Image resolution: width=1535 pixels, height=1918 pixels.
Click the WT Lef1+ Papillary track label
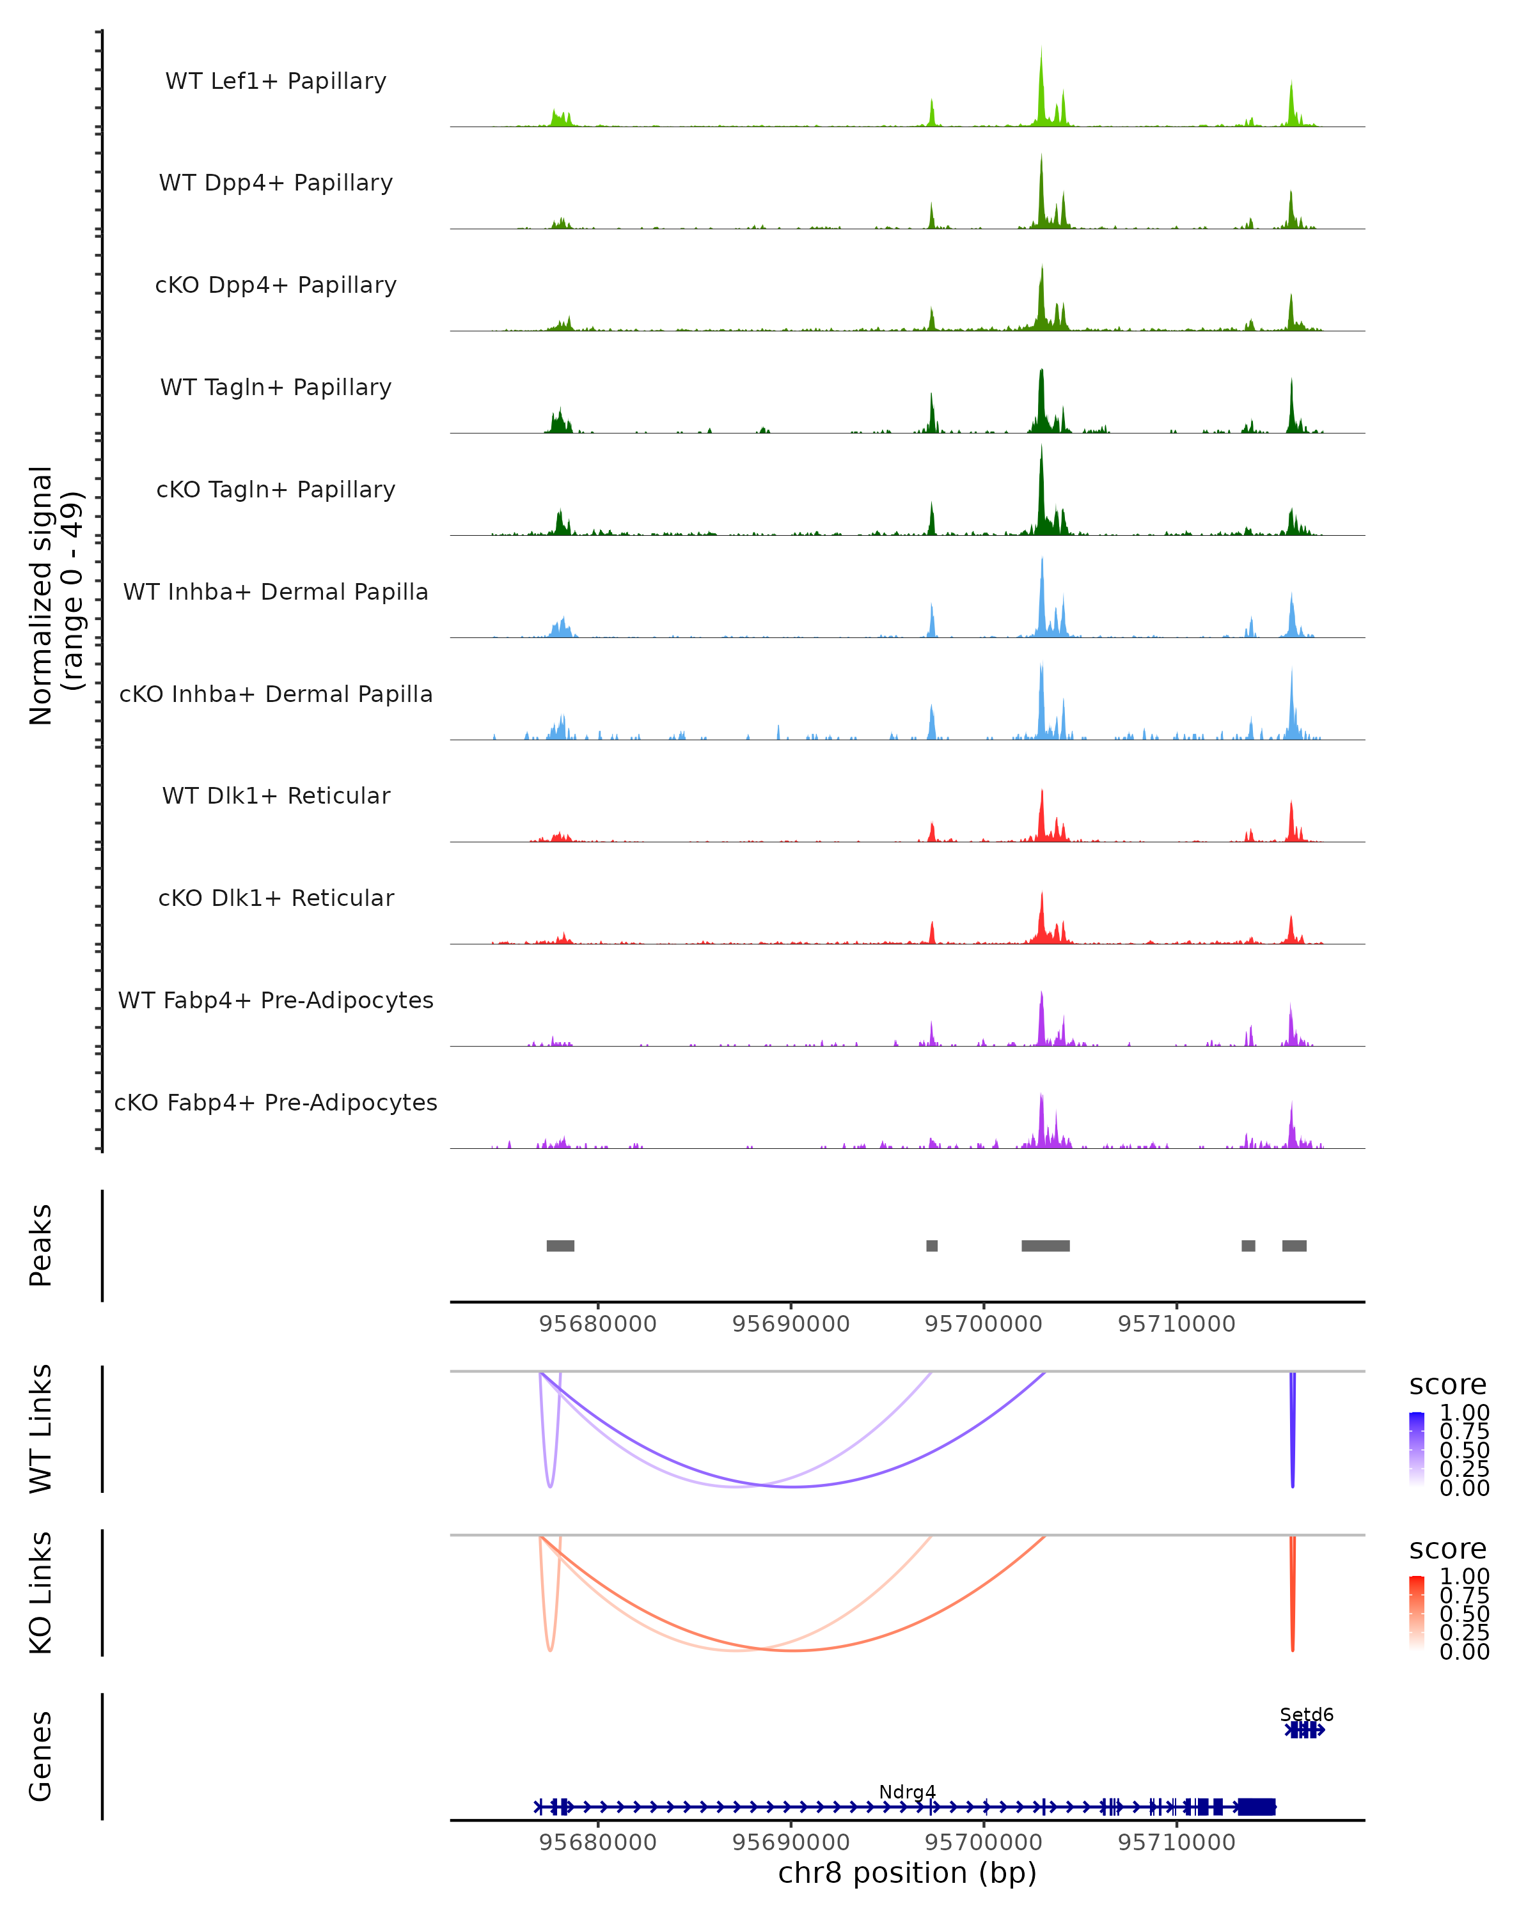coord(276,81)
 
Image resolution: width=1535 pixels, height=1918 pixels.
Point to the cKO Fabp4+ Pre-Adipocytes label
coord(276,1102)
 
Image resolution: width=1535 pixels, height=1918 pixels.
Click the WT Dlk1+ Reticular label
coord(276,795)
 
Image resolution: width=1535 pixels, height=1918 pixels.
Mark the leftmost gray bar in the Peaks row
coord(561,1245)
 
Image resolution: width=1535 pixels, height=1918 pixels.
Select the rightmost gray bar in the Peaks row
coord(1294,1245)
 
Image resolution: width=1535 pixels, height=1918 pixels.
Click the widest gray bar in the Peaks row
coord(1046,1245)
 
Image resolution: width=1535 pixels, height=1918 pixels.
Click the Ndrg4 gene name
coord(907,1791)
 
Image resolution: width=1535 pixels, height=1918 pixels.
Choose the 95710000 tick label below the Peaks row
coord(1176,1324)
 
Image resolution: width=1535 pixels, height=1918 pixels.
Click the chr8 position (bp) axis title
coord(907,1873)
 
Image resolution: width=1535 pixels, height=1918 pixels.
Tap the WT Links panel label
coord(41,1429)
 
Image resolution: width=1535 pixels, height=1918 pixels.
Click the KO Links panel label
coord(41,1593)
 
